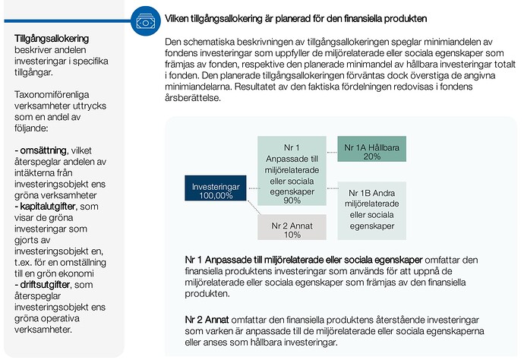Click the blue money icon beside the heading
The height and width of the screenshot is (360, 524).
click(146, 20)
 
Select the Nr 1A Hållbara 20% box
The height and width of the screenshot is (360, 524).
click(372, 151)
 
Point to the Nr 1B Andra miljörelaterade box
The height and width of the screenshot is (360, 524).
click(371, 205)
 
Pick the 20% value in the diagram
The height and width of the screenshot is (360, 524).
click(372, 156)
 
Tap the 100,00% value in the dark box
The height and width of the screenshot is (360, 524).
click(216, 195)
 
